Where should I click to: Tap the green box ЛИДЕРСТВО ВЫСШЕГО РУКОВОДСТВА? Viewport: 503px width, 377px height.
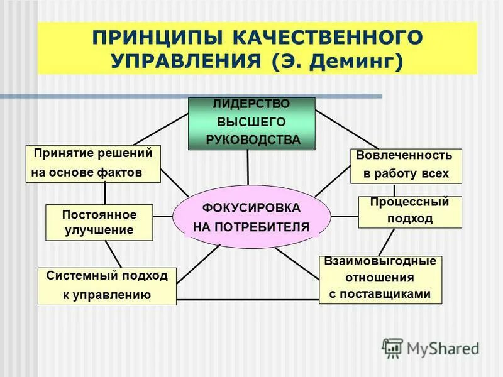click(251, 123)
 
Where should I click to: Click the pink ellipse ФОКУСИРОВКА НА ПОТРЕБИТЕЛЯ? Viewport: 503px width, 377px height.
click(251, 217)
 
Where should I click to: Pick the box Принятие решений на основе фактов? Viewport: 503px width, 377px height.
click(93, 163)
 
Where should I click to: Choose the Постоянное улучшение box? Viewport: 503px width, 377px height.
click(99, 222)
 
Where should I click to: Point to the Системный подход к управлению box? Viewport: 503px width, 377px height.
click(107, 286)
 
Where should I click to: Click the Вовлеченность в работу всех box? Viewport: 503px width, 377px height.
click(406, 165)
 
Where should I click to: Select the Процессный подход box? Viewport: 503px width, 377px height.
click(409, 212)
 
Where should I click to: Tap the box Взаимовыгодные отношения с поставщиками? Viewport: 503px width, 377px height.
click(380, 279)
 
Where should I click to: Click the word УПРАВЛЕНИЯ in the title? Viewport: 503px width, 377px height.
click(180, 62)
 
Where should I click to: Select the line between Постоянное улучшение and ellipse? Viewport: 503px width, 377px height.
click(163, 216)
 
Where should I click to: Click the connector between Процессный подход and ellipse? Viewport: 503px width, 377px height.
click(344, 216)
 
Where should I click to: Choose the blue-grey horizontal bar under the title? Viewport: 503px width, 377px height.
click(189, 96)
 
